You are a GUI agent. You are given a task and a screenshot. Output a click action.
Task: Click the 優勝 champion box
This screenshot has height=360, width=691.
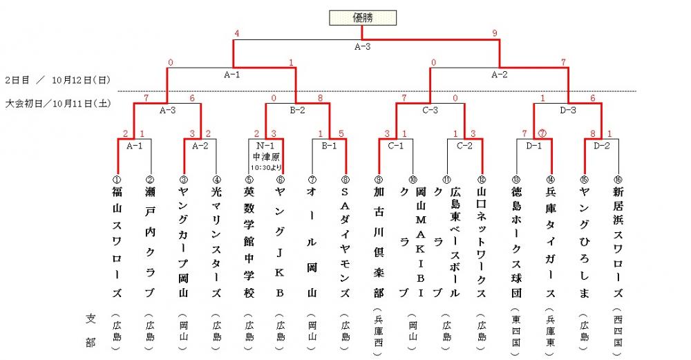(363, 18)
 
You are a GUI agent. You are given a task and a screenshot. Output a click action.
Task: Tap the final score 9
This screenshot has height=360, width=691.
(495, 33)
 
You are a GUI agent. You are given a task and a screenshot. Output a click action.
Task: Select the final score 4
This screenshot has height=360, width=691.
(237, 33)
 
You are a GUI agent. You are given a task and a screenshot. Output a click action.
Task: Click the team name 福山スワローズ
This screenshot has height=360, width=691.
(117, 242)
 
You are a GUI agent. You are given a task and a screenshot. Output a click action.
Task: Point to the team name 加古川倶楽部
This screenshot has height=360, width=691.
(379, 242)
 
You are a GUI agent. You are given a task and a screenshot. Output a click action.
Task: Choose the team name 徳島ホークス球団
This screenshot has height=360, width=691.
(516, 242)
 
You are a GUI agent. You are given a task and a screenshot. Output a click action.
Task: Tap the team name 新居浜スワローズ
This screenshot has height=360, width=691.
(618, 242)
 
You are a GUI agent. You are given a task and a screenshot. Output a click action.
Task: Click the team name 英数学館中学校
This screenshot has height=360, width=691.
(249, 242)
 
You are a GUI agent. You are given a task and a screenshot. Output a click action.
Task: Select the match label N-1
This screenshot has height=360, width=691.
(265, 146)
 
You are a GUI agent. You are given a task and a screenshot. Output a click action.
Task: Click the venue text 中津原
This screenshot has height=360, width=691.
(266, 157)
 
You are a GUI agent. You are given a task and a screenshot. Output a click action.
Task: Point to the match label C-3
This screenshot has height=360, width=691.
(430, 110)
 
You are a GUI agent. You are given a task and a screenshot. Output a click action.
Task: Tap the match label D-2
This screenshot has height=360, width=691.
(602, 146)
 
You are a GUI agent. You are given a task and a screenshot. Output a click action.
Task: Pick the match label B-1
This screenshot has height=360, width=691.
(329, 146)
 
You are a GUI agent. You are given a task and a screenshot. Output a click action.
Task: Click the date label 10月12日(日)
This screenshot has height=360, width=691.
(81, 80)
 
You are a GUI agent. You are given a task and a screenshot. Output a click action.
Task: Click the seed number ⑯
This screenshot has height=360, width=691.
(618, 180)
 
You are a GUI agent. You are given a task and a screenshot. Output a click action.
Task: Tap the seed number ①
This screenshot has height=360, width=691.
(117, 180)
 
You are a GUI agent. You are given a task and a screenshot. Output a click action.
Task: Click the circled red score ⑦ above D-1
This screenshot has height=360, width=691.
(542, 133)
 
